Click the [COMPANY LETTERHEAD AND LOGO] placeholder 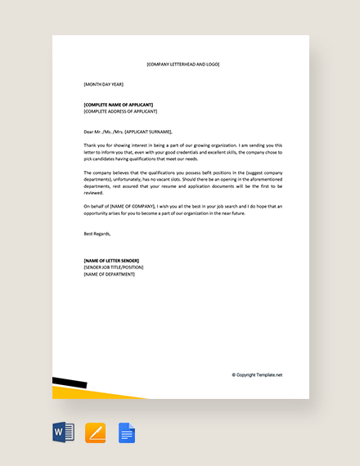pos(182,64)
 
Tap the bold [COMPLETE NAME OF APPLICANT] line pos(120,105)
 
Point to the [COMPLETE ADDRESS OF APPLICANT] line pos(120,111)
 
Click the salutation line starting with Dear pos(128,131)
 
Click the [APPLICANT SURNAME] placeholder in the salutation pos(149,131)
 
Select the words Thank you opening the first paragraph pos(94,145)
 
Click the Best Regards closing pos(97,233)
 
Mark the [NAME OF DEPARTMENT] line pos(110,274)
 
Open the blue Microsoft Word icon pos(63,432)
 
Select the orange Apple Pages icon pos(96,432)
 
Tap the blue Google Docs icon pos(127,432)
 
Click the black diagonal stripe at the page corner pos(70,382)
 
